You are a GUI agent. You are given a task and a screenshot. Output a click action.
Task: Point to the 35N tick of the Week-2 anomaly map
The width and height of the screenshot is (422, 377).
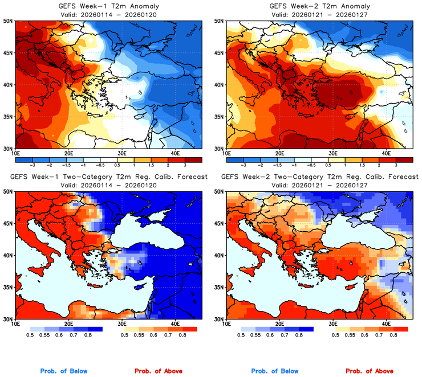click(219, 117)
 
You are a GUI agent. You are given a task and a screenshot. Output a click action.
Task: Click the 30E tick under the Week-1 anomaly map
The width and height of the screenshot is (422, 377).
click(121, 154)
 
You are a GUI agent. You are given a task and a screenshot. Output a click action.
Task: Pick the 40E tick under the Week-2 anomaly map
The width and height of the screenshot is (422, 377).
click(386, 154)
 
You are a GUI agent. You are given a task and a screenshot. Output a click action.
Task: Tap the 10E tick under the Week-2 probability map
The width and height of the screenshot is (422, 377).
click(226, 324)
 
